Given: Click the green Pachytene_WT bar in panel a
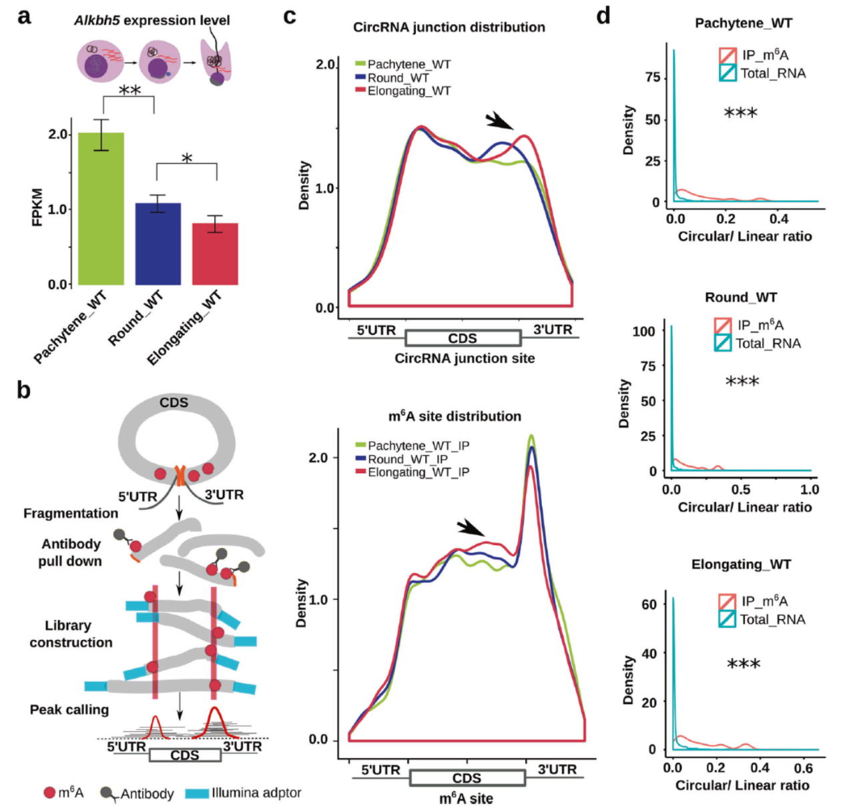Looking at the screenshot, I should point(101,209).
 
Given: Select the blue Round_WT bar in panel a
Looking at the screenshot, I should point(158,244).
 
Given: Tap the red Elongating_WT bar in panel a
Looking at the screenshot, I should point(215,254).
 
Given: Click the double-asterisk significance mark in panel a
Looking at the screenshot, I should point(129,91).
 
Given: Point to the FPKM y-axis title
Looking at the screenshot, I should point(37,208).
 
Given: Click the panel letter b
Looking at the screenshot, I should point(24,390).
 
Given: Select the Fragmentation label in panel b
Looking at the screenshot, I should point(71,513).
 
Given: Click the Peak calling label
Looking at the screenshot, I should point(69,709).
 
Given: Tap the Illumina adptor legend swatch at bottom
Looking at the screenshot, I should point(196,793).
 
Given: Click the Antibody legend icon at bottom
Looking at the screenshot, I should point(107,793).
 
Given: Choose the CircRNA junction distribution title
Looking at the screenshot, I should point(449,27).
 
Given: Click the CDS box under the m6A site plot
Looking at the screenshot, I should point(467,778).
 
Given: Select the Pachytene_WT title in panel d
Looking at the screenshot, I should point(744,23).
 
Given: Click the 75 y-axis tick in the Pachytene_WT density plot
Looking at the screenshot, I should point(652,77).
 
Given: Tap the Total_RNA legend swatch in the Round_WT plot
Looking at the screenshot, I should point(722,343).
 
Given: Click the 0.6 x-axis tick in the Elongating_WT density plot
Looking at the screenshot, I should point(804,768).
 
